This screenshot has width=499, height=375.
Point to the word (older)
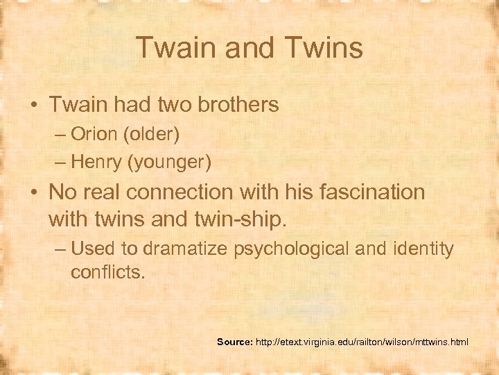coord(153,133)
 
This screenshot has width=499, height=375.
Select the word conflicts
coord(107,272)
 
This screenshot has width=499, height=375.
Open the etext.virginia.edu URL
coord(361,342)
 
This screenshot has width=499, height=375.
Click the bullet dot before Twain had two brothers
coord(34,106)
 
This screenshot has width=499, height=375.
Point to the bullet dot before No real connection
coord(34,192)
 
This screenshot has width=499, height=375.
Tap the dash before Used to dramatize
coord(61,248)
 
